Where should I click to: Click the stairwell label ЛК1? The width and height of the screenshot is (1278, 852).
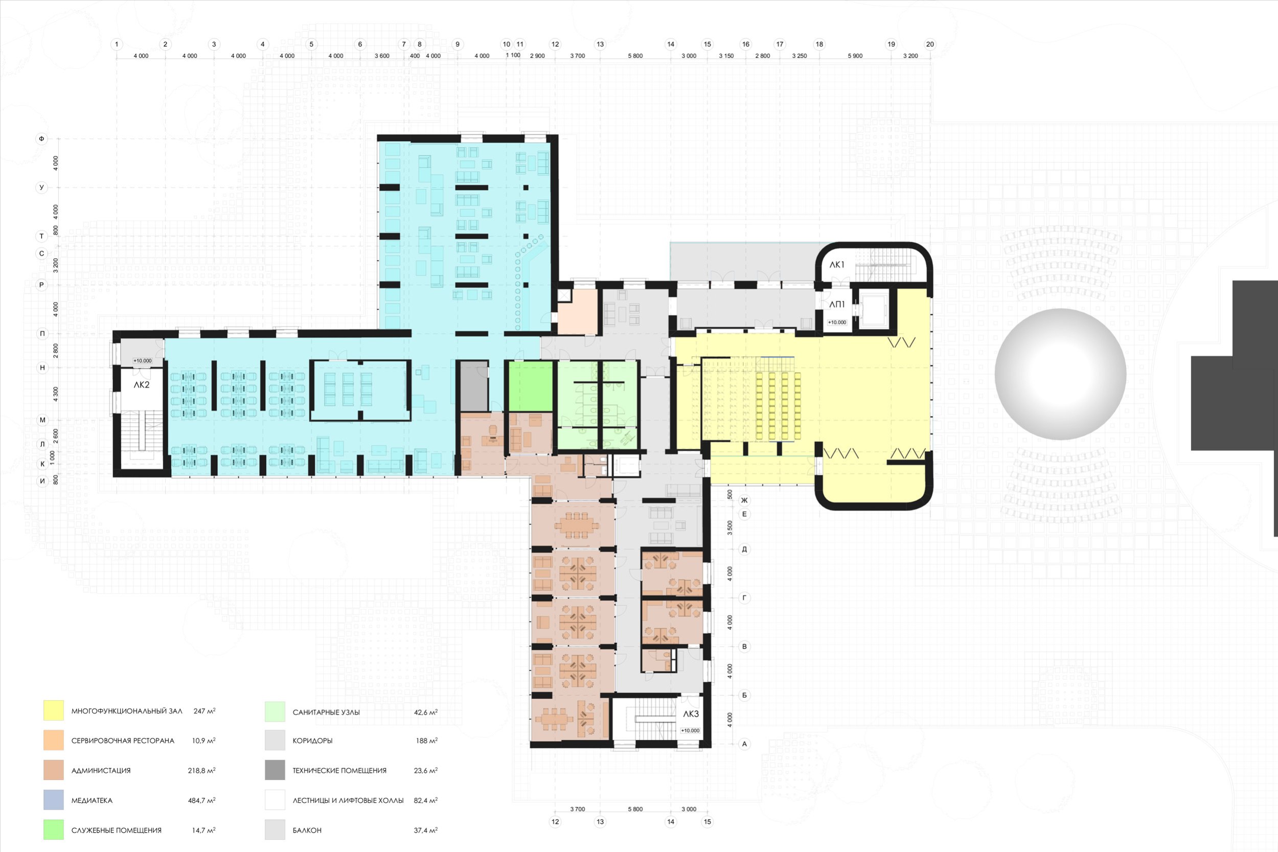pyautogui.click(x=837, y=265)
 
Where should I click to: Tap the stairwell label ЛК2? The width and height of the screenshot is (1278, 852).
pyautogui.click(x=141, y=385)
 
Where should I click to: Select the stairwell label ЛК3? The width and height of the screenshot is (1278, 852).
pyautogui.click(x=691, y=714)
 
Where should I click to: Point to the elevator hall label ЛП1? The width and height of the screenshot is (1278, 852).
pyautogui.click(x=837, y=304)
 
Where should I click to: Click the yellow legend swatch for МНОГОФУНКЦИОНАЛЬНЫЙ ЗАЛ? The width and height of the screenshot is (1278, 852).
pyautogui.click(x=53, y=711)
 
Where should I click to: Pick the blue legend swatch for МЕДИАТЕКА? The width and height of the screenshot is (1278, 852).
pyautogui.click(x=53, y=800)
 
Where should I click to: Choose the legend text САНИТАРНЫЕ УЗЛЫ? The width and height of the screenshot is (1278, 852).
pyautogui.click(x=326, y=712)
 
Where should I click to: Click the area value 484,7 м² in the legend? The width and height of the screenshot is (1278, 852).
pyautogui.click(x=201, y=800)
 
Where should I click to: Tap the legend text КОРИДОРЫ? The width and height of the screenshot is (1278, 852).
pyautogui.click(x=312, y=741)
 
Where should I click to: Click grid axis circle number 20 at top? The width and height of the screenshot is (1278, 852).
pyautogui.click(x=930, y=44)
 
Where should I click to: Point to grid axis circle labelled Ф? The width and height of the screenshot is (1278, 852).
pyautogui.click(x=41, y=139)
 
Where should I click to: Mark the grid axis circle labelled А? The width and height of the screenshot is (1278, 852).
pyautogui.click(x=744, y=744)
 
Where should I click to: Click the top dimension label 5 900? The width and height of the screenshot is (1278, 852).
pyautogui.click(x=855, y=56)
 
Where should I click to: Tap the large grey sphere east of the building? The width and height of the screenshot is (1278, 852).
pyautogui.click(x=1060, y=374)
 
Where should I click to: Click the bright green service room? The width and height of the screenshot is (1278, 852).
pyautogui.click(x=530, y=386)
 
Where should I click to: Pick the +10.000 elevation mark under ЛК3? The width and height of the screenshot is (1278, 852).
pyautogui.click(x=690, y=730)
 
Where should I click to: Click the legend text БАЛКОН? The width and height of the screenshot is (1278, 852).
pyautogui.click(x=307, y=830)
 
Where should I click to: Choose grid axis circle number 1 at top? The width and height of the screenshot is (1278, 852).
pyautogui.click(x=116, y=44)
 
